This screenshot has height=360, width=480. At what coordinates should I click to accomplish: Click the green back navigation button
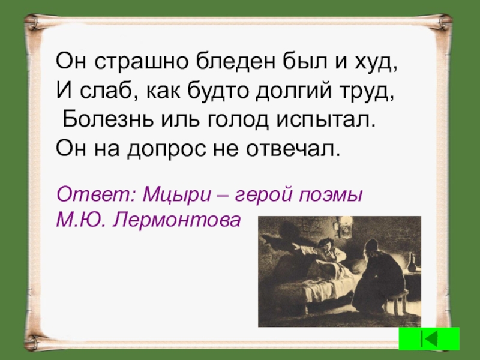430,339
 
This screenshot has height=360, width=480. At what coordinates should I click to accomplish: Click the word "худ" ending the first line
376,62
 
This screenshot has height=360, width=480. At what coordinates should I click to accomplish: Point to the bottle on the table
411,264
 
